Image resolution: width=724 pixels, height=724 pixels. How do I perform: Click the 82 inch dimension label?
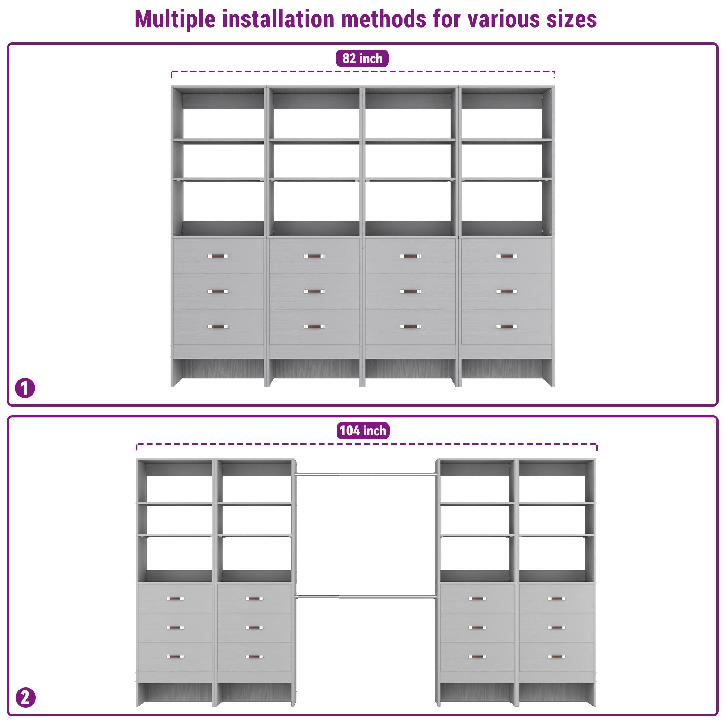click(362, 58)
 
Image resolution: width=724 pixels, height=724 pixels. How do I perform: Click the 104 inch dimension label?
click(362, 430)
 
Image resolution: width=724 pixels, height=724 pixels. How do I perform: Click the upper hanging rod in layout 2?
click(365, 475)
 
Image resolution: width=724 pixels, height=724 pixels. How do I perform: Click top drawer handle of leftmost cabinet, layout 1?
click(218, 256)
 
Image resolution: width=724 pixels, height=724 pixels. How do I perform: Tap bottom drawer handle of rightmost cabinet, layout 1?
click(506, 327)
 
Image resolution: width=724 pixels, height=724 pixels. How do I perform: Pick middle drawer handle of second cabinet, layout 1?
click(314, 291)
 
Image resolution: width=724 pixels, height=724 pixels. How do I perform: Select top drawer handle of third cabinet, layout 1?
click(411, 256)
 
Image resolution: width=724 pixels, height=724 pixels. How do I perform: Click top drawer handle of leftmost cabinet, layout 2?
click(175, 598)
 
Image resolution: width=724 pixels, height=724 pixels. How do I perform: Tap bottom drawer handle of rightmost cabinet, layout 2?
click(556, 657)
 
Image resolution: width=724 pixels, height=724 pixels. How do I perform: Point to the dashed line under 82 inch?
click(362, 71)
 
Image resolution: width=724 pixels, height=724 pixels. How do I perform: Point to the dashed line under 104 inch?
click(366, 444)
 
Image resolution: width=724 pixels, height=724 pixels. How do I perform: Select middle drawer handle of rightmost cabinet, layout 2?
click(556, 628)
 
